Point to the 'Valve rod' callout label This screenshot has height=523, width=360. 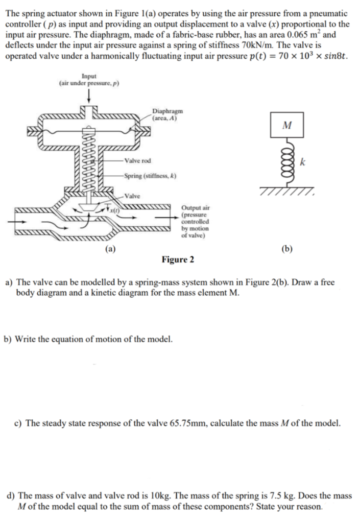tap(137, 160)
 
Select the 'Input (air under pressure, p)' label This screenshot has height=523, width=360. tap(89, 80)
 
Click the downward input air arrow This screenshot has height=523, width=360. tap(90, 96)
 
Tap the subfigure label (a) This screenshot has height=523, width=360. tap(110, 249)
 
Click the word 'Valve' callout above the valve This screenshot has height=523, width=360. tap(133, 196)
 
